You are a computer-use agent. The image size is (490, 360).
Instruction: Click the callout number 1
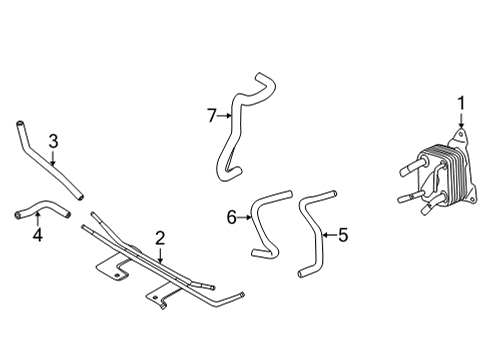click(462, 102)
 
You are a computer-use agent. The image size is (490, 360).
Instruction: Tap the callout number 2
click(159, 237)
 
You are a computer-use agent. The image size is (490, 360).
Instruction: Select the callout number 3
click(53, 142)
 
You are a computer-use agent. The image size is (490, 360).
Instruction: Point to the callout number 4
click(37, 236)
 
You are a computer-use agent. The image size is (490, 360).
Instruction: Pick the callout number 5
click(342, 236)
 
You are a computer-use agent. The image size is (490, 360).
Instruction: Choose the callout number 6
click(231, 216)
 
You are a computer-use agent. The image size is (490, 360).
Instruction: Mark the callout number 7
click(212, 116)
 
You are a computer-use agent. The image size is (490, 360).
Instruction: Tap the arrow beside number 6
click(244, 216)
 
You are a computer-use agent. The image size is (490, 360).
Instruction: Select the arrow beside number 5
click(327, 236)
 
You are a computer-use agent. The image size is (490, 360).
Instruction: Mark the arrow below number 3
click(54, 157)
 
